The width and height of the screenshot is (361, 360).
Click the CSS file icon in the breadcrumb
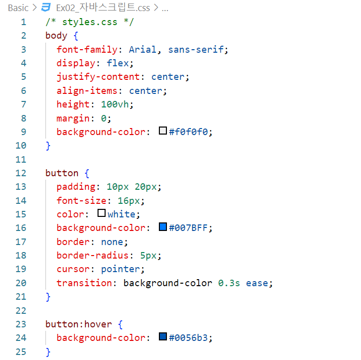pos(46,8)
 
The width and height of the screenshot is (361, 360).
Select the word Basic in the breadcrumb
pos(18,8)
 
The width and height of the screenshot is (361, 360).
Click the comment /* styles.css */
pos(89,22)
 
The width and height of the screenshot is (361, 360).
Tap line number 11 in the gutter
pos(21,159)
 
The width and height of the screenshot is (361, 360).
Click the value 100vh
pos(118,104)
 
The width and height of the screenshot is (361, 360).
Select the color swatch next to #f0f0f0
pos(162,131)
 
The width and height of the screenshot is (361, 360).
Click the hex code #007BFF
pos(191,228)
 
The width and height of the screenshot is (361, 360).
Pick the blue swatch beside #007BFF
pos(162,227)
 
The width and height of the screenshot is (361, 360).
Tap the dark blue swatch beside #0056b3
pos(162,337)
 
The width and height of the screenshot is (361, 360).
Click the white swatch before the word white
pos(101,213)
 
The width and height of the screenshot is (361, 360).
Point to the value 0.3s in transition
pos(229,283)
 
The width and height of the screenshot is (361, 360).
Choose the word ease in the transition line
pos(257,283)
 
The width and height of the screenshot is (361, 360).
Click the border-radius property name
pos(93,255)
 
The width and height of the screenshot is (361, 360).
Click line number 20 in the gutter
pos(21,283)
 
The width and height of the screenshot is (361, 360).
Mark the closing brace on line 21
pos(48,297)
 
